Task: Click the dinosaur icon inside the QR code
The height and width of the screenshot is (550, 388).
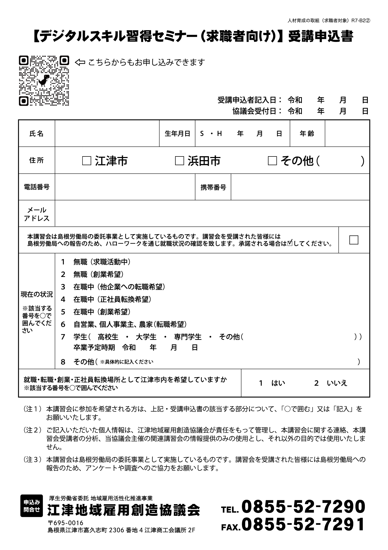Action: point(44,80)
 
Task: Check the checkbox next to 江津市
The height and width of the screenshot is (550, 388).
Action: point(87,161)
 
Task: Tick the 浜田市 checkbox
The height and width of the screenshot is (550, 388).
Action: point(180,161)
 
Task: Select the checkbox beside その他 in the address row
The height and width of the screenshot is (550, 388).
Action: point(272,161)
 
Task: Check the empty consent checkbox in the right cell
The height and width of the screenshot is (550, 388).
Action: point(354,240)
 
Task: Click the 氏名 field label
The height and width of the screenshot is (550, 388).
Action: point(36,134)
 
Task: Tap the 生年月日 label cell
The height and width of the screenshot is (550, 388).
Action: point(177,134)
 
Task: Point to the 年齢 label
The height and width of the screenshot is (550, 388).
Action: point(307,134)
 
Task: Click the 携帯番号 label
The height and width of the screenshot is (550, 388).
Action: point(213,187)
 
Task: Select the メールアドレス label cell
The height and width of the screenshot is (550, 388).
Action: point(36,214)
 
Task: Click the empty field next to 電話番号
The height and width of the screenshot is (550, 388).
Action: point(125,187)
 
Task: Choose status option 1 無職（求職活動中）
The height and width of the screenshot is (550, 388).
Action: point(96,262)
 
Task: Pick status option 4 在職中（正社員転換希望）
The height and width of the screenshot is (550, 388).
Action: point(106,299)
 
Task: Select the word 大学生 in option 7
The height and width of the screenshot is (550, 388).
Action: point(146,337)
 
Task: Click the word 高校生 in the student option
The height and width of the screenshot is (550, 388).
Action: point(108,337)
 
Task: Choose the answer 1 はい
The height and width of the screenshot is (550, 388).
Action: point(272,383)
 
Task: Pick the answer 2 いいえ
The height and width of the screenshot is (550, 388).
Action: point(331,383)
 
